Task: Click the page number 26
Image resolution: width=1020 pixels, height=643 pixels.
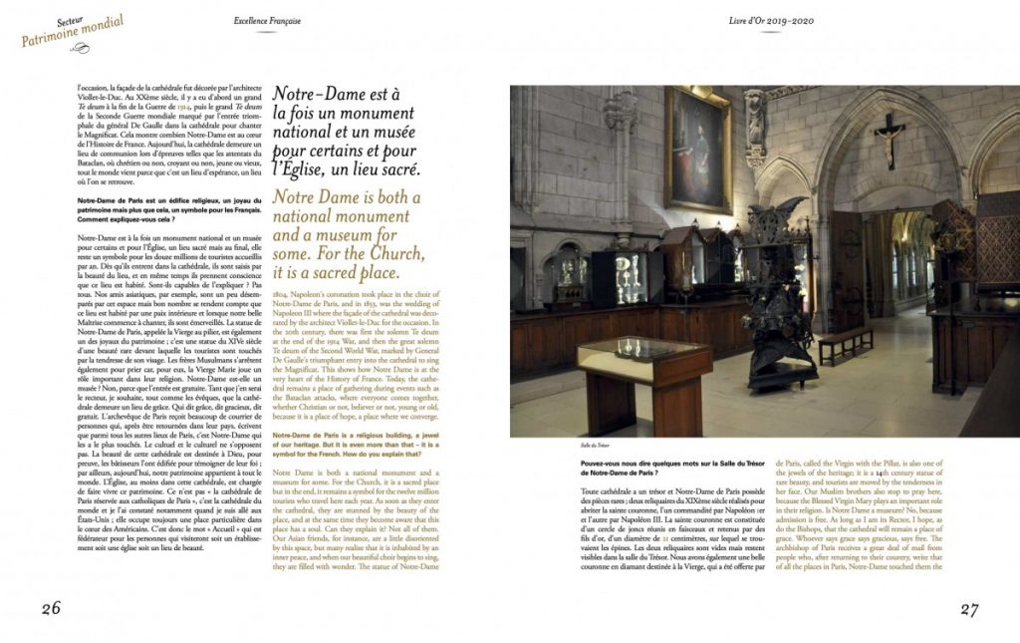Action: tap(51, 609)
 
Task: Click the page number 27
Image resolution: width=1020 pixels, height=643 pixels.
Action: tap(970, 609)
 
